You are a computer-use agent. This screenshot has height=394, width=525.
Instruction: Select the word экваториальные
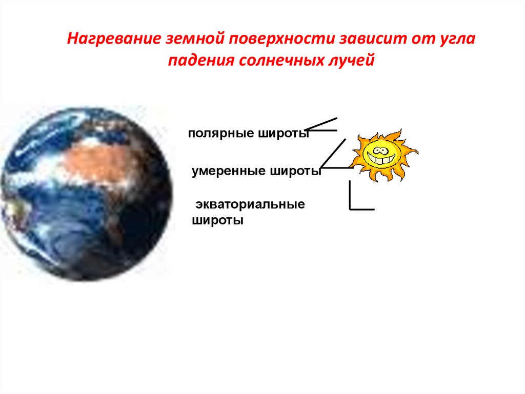(x=250, y=204)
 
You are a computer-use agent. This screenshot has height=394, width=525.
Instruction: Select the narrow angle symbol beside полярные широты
(x=320, y=125)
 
